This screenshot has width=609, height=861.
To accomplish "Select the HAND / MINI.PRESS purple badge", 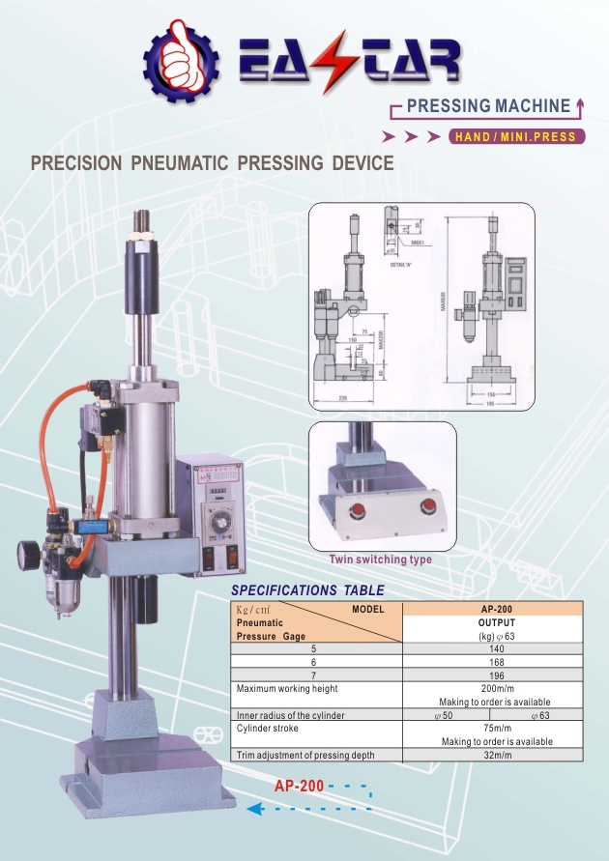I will pyautogui.click(x=517, y=136).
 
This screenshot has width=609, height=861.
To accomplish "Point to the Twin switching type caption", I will pyautogui.click(x=381, y=560).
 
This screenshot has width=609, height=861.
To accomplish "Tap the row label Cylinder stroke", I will pyautogui.click(x=270, y=728).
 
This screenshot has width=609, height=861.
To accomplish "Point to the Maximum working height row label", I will pyautogui.click(x=287, y=688).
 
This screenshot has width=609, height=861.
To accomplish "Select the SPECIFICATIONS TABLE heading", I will pyautogui.click(x=308, y=590).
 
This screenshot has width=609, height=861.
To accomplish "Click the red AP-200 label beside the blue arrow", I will pyautogui.click(x=299, y=787).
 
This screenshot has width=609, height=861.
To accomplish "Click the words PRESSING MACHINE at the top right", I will pyautogui.click(x=488, y=105).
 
